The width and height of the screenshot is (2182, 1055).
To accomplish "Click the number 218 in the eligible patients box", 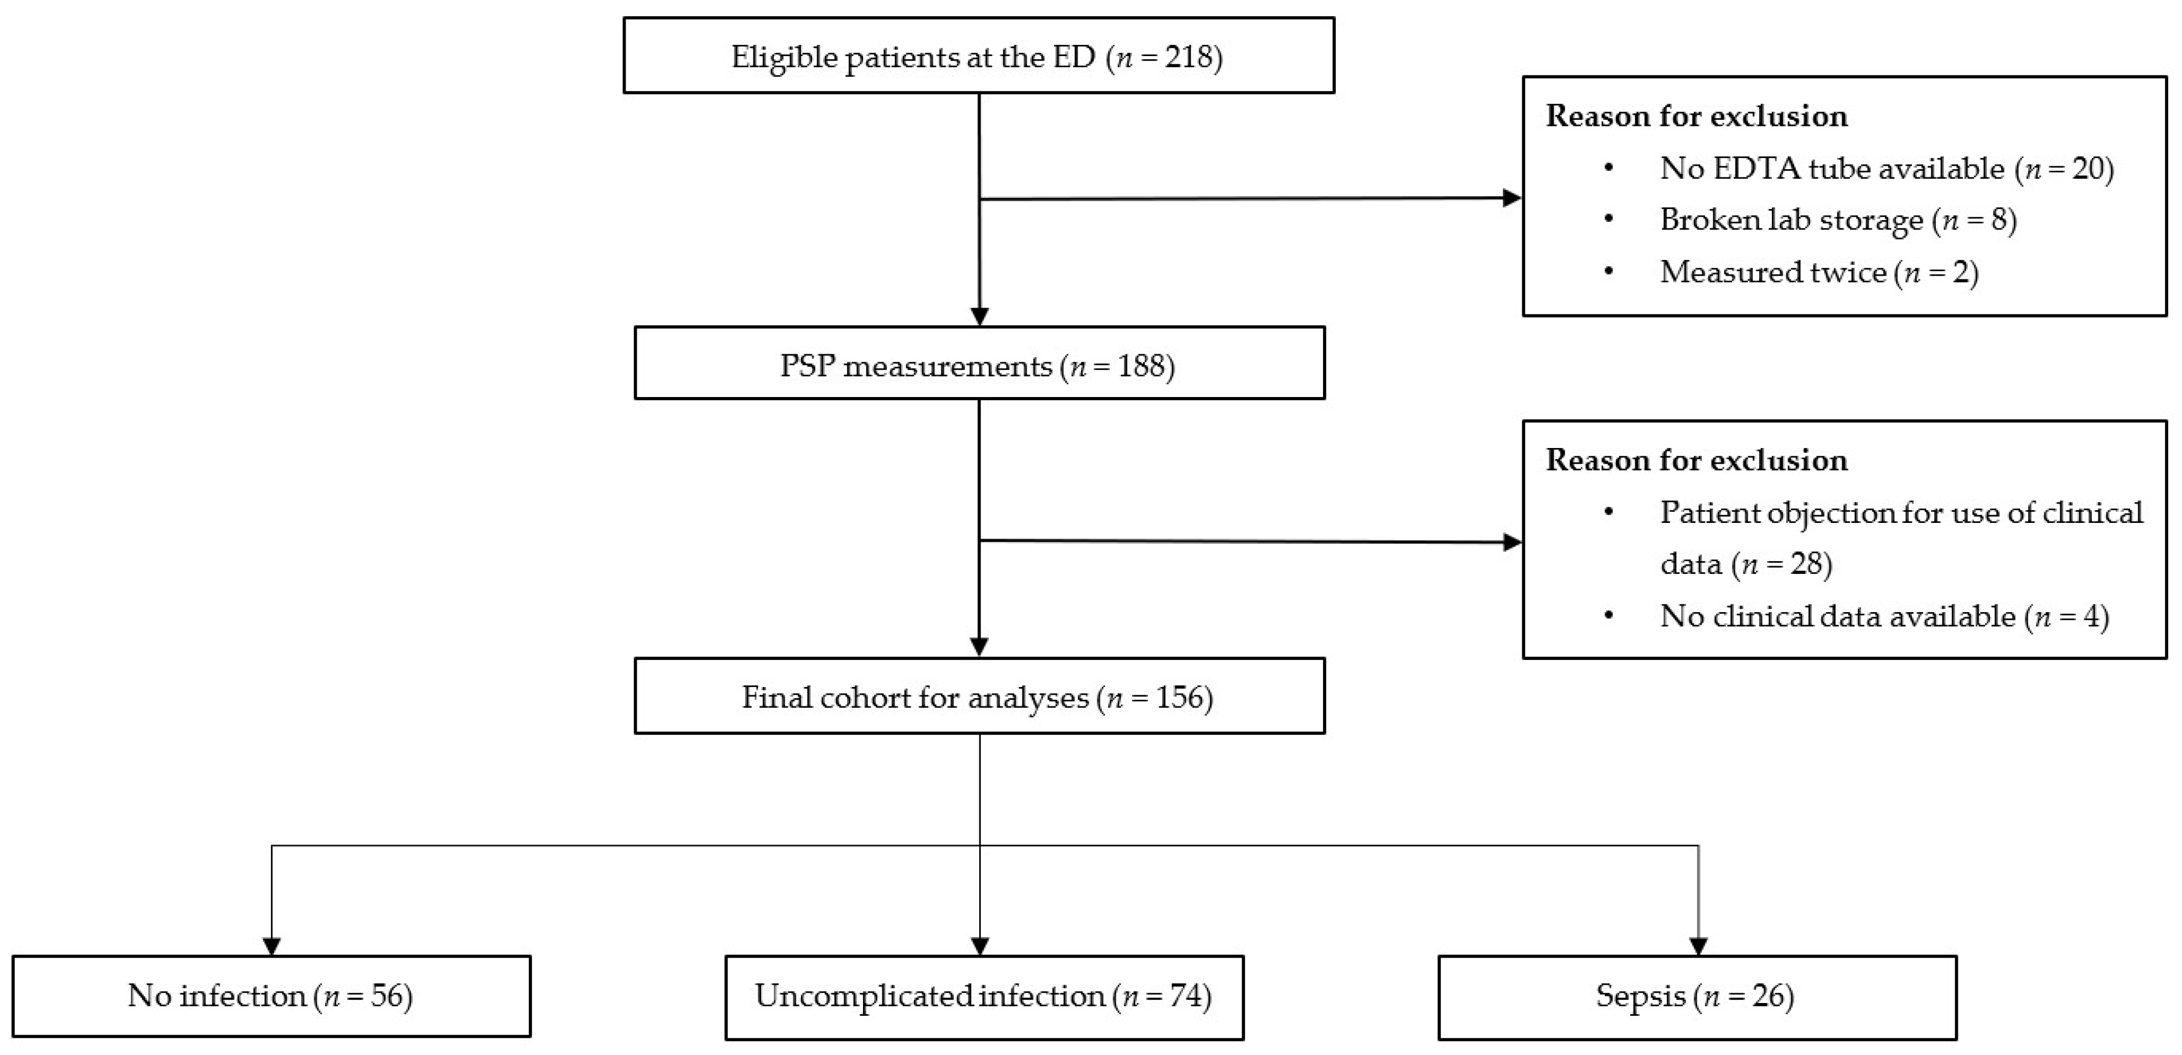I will (x=1189, y=57).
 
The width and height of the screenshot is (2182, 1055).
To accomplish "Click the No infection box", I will (x=271, y=996).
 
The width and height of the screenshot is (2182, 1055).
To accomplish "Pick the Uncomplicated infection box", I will (x=983, y=996).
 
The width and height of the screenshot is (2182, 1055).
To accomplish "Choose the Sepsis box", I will (x=1696, y=996).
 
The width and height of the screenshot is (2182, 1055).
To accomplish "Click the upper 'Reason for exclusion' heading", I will (x=1696, y=116).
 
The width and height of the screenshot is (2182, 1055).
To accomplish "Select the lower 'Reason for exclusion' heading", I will (x=1696, y=460).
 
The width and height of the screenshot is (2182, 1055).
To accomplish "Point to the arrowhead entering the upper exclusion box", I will (x=1511, y=198).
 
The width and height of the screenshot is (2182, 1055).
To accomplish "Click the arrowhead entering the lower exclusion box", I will (x=1511, y=542).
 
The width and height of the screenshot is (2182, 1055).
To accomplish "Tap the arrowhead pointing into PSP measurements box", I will (x=979, y=316).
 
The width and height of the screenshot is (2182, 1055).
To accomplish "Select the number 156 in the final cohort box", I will (x=1179, y=697).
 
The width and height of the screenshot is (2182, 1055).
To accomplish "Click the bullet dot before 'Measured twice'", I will (x=1608, y=272).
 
